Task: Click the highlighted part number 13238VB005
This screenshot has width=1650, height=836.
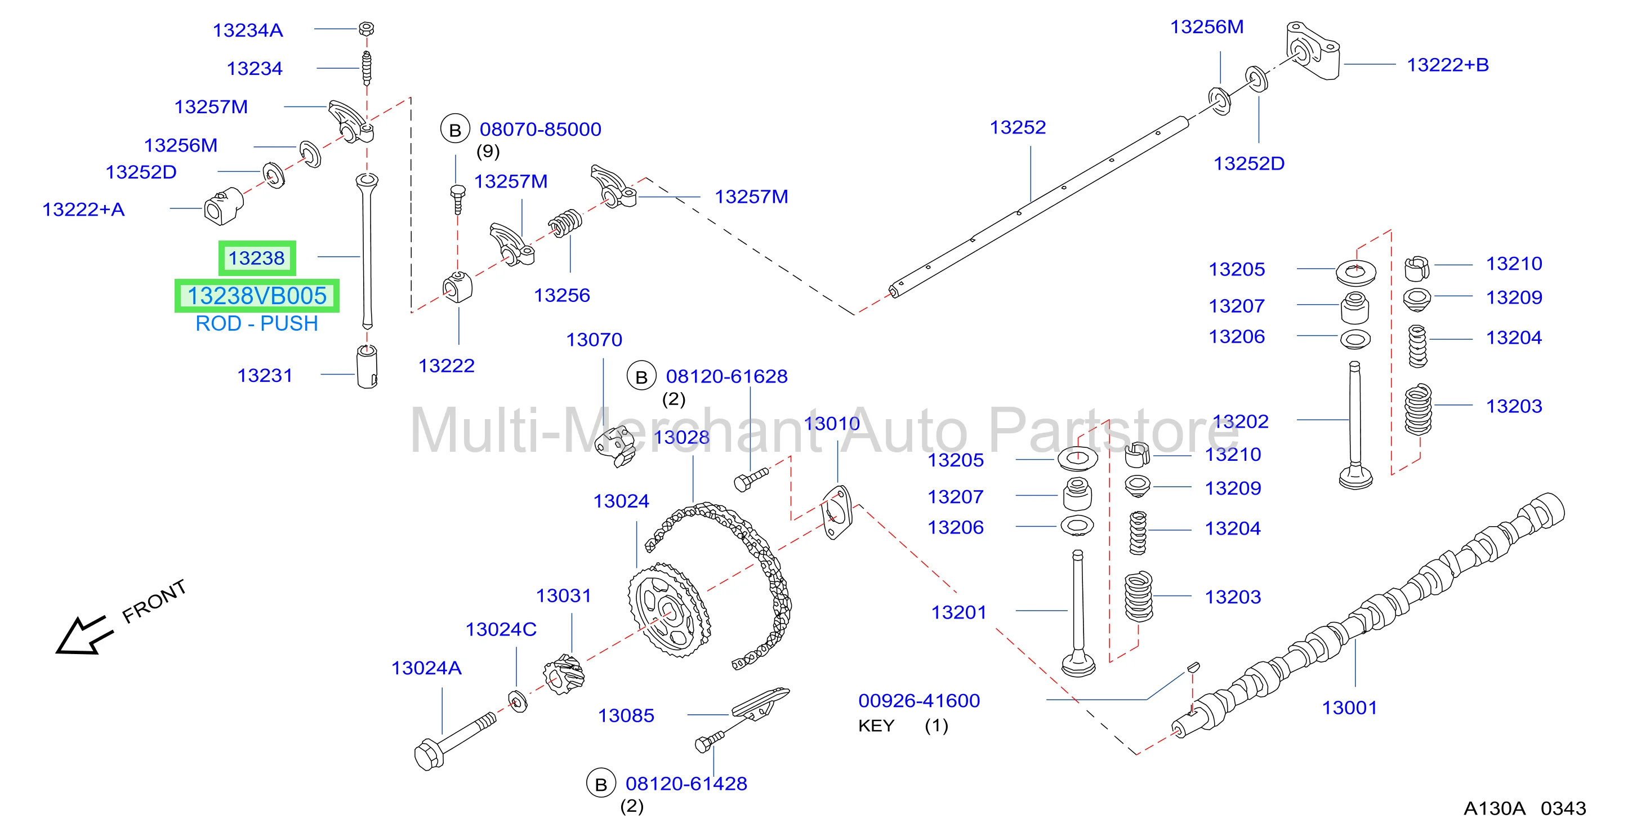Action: tap(257, 296)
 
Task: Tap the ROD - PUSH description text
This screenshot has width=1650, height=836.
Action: tap(257, 323)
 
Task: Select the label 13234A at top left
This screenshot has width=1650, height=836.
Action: tap(248, 30)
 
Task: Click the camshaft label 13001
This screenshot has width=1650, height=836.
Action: tap(1350, 708)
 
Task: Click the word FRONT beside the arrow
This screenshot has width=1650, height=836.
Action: tap(154, 602)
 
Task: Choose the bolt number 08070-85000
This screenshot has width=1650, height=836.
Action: tap(541, 130)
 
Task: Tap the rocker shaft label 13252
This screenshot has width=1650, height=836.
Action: tap(1018, 127)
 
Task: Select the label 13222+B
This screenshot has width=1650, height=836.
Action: tap(1448, 65)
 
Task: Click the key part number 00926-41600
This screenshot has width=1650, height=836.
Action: tap(919, 701)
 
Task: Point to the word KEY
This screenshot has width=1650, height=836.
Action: tap(876, 726)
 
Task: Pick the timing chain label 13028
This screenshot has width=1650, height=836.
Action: tap(681, 438)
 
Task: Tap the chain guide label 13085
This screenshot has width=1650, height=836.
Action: tap(626, 715)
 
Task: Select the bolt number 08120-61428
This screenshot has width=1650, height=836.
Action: tap(686, 784)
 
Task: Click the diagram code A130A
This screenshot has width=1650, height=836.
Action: tap(1495, 808)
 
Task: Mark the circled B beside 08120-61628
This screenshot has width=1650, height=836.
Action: tap(641, 377)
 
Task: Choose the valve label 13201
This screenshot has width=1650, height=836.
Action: tap(958, 612)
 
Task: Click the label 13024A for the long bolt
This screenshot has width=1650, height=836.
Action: tap(427, 668)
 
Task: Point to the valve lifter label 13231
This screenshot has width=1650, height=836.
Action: tap(265, 375)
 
